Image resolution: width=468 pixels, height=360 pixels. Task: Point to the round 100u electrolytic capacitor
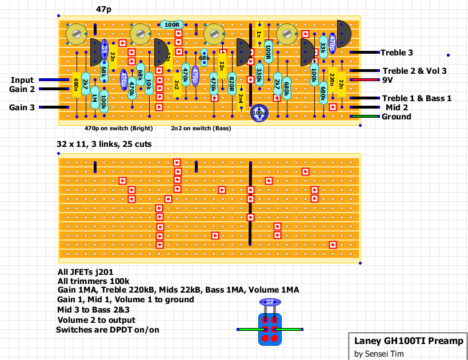click(259, 113)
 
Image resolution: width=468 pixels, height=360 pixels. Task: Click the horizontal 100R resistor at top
click(171, 25)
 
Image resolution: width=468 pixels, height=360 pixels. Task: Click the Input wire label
click(22, 80)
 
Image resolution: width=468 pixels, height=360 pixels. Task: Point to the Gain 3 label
click(22, 107)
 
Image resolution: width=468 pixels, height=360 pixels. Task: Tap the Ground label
click(396, 117)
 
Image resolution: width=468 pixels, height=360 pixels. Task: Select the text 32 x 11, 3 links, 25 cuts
click(104, 145)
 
